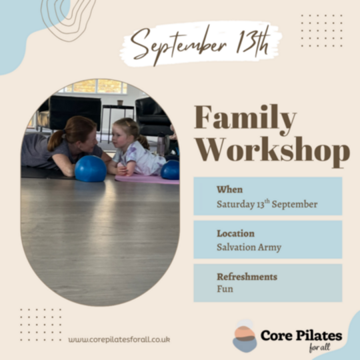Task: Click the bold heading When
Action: click(229, 189)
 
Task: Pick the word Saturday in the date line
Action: click(236, 205)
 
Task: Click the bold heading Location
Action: click(235, 233)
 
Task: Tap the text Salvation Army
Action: click(249, 247)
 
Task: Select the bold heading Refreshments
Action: click(247, 277)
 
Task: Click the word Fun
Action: click(225, 289)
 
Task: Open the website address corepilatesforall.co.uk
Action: click(119, 339)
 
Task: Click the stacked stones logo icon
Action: click(245, 336)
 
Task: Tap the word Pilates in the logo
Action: click(319, 335)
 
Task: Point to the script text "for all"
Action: click(319, 347)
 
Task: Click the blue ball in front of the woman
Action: click(91, 169)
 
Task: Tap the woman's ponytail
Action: click(55, 141)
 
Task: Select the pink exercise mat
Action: click(147, 179)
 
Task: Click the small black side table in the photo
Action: click(117, 119)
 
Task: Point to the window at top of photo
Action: click(97, 86)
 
